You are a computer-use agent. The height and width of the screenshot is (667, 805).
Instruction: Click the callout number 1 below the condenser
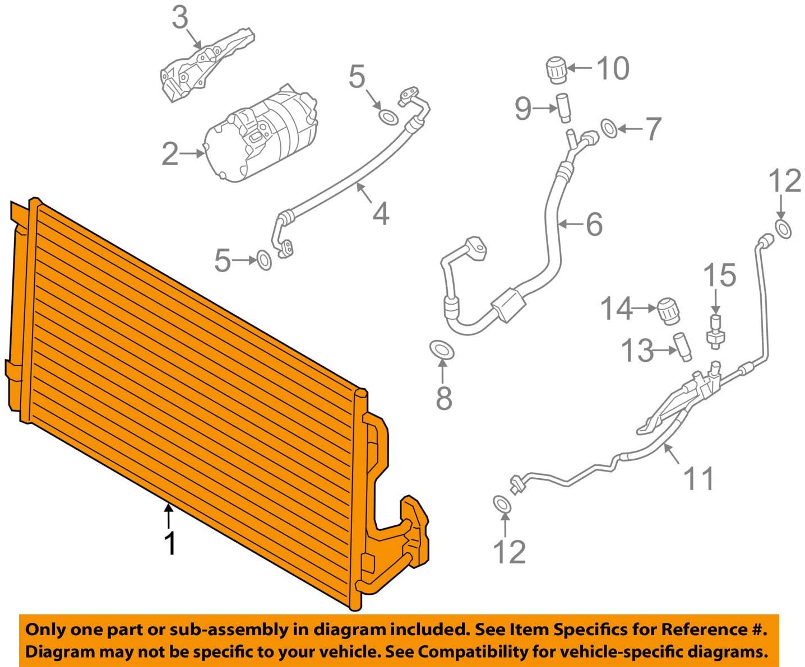(170, 543)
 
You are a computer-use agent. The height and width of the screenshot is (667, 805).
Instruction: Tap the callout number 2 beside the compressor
(170, 153)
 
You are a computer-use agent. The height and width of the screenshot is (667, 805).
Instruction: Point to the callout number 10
(613, 68)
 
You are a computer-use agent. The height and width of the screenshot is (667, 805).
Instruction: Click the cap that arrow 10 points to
(556, 69)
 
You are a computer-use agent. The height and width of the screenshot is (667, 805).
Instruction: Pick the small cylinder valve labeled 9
(563, 108)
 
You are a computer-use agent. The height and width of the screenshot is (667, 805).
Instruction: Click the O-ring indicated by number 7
(609, 128)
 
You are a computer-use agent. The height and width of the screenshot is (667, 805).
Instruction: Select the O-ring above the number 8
(442, 350)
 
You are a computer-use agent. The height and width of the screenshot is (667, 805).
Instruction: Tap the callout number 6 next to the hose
(594, 224)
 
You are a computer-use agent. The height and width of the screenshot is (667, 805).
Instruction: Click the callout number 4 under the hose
(381, 213)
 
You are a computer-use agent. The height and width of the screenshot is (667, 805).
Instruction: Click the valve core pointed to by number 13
(682, 347)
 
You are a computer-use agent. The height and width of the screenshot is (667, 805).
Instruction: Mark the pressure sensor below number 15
(715, 332)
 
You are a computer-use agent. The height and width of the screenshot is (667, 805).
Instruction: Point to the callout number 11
(698, 478)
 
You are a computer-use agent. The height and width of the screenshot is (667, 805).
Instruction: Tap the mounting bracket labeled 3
(207, 65)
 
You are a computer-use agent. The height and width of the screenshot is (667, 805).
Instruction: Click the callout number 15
(719, 276)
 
